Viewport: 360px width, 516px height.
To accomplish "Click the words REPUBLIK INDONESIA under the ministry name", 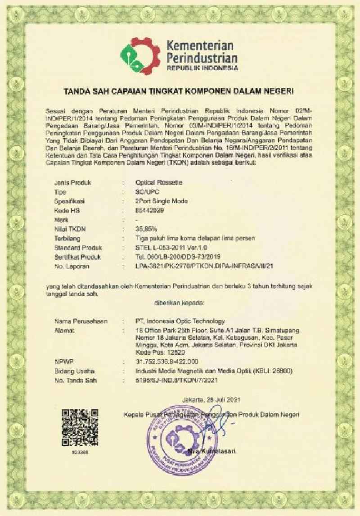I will coord(202,68).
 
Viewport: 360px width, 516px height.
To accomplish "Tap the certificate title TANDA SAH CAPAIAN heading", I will coord(179,92).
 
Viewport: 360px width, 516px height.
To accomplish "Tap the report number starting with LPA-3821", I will coord(206,266).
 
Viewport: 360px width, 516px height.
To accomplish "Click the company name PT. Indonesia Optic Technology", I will coord(180,321).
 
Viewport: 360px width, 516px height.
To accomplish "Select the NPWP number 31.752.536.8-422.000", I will coord(166,362).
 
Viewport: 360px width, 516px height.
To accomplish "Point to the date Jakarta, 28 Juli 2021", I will coord(209,399).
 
